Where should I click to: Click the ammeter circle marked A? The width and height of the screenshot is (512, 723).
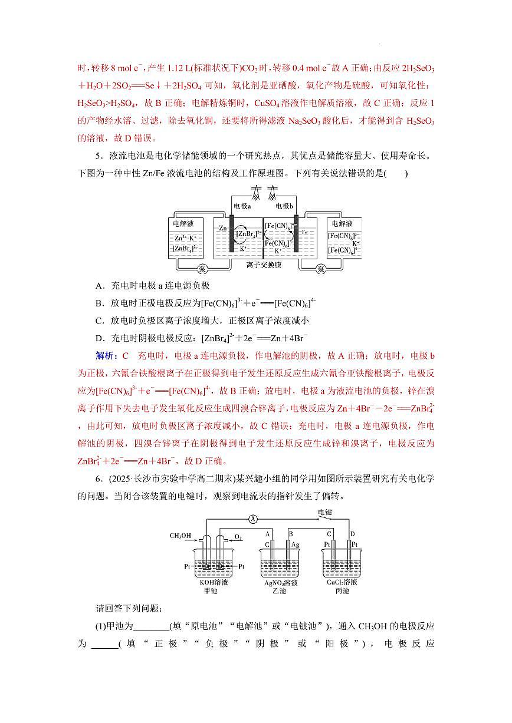tap(253, 519)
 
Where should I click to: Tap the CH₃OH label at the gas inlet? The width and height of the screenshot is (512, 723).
tap(180, 536)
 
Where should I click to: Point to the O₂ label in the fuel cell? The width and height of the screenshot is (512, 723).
tap(238, 537)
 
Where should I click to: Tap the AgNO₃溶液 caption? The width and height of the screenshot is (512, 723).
tap(281, 583)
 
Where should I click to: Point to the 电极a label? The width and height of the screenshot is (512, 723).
tap(242, 206)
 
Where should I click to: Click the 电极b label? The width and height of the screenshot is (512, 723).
tap(285, 206)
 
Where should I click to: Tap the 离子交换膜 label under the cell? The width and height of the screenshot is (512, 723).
tap(264, 265)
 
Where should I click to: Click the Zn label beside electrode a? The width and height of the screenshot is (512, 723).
tap(222, 228)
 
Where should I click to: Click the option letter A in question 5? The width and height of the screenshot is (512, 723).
tap(99, 285)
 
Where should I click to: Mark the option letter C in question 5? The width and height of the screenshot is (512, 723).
tap(99, 321)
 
